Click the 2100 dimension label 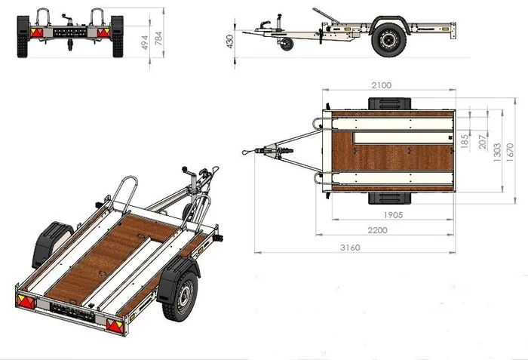pos(382,85)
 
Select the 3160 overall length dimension pos(350,248)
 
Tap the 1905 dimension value pos(393,215)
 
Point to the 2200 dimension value pos(377,230)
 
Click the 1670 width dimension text pos(510,152)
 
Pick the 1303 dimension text pos(497,152)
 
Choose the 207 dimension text pos(483,142)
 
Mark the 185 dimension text pos(465,141)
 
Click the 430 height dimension pos(230,42)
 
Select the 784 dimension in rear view pos(158,38)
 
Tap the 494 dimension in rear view pos(145,42)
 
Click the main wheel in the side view pos(389,40)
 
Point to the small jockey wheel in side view pos(287,45)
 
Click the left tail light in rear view pos(37,32)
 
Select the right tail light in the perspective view pos(115,326)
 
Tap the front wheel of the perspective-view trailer pos(180,296)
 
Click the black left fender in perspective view pos(51,243)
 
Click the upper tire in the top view pos(390,103)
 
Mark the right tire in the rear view pos(117,36)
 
